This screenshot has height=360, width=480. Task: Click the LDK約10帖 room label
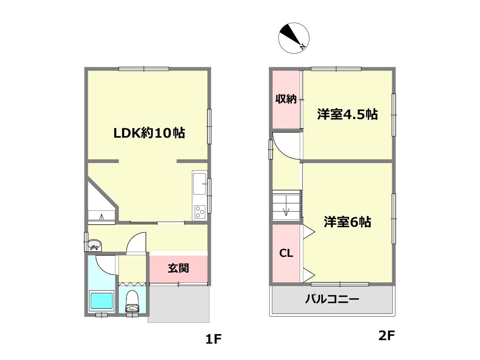(149, 133)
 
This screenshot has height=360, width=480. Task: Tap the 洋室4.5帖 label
(347, 114)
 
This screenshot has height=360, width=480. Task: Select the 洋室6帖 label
(348, 222)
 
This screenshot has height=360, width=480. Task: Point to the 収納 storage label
(286, 99)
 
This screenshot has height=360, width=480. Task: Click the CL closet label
(286, 253)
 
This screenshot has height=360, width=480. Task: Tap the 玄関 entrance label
(178, 268)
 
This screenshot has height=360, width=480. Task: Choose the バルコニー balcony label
(332, 299)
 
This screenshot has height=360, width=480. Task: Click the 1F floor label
(214, 339)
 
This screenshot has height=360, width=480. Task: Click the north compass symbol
(294, 38)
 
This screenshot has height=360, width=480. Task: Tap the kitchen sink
(199, 184)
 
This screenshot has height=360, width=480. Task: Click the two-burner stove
(199, 213)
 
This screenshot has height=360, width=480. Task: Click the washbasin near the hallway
(94, 245)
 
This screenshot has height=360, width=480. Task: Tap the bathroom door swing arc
(106, 264)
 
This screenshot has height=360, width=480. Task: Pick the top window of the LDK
(144, 69)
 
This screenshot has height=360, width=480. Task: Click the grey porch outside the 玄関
(178, 304)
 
